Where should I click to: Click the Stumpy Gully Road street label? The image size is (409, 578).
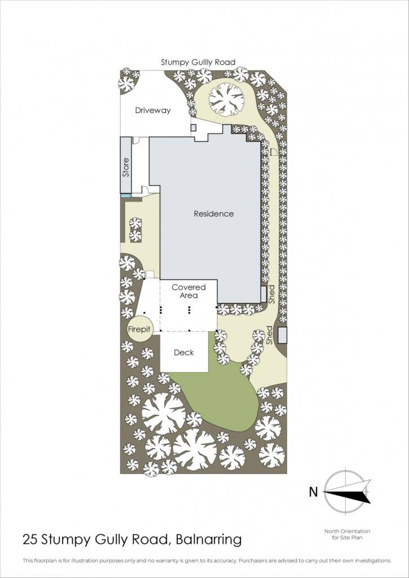[x=198, y=62]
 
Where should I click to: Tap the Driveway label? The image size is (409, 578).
[x=152, y=110]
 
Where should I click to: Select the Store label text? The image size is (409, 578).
[x=126, y=167]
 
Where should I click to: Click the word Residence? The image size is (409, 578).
[x=214, y=213]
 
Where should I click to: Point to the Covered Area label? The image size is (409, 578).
[x=188, y=291]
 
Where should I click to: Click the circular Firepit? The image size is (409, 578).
[x=139, y=329]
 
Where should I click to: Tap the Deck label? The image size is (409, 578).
[x=184, y=353]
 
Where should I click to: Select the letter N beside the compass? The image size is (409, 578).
[x=313, y=492]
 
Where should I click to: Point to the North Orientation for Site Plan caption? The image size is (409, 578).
[x=347, y=534]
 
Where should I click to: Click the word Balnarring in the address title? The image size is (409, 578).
[x=209, y=540]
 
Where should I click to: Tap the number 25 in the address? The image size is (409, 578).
[x=30, y=540]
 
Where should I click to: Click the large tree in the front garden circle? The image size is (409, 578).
[x=227, y=99]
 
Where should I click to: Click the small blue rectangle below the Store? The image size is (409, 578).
[x=126, y=195]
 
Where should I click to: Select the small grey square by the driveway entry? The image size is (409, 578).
[x=193, y=128]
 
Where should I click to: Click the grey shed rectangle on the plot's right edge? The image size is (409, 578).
[x=283, y=335]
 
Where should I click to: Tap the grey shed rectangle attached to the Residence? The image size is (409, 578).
[x=263, y=294]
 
